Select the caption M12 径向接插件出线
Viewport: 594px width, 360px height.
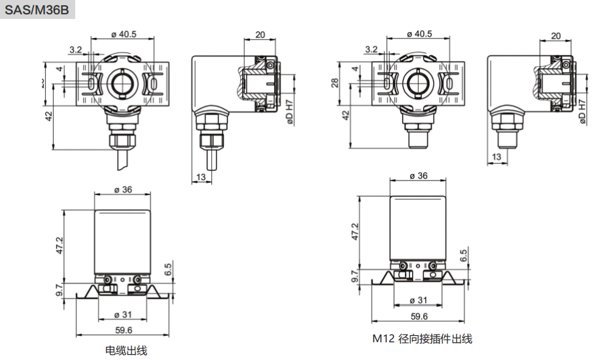click(422, 338)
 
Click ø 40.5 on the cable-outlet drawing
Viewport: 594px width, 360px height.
click(124, 35)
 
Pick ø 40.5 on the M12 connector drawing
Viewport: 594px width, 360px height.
click(419, 33)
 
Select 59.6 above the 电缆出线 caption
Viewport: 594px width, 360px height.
click(124, 330)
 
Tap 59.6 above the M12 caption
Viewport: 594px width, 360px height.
click(419, 317)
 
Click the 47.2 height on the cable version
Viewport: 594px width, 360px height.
click(59, 245)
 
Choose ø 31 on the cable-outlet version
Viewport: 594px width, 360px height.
click(124, 314)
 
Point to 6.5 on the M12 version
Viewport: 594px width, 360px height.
click(463, 255)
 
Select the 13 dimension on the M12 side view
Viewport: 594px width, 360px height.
click(496, 157)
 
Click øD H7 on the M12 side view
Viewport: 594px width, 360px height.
click(582, 111)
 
